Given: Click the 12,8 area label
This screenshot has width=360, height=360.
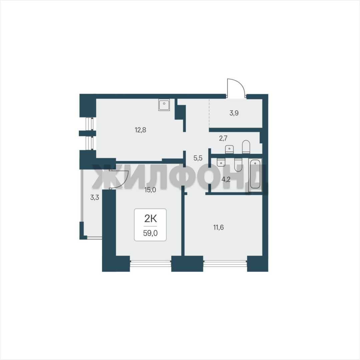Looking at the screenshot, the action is [140, 130].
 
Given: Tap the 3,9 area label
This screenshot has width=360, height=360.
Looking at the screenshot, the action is [234, 113].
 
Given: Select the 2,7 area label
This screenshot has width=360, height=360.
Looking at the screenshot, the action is [223, 138].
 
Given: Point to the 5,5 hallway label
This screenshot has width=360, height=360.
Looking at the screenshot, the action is [198, 158].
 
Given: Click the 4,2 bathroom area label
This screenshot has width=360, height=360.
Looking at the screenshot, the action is [226, 179].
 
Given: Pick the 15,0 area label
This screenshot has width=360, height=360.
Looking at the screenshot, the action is [150, 190].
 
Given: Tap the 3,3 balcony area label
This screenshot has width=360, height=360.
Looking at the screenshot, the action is [94, 197].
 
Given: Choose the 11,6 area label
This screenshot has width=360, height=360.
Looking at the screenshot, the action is [219, 227].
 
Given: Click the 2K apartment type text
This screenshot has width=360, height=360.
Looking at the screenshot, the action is [150, 219].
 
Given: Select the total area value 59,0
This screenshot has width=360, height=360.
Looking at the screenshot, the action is [150, 233].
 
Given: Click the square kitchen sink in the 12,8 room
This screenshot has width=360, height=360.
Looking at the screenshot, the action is [164, 105].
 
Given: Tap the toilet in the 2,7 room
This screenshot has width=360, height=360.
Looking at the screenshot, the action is [246, 147].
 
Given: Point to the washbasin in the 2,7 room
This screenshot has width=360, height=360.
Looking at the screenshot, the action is [229, 149].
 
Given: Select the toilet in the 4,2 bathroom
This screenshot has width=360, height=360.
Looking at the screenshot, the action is [238, 165].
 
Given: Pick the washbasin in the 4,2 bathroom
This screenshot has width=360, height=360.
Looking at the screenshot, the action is [221, 162].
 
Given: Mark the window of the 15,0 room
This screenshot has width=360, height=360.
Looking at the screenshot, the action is [150, 263].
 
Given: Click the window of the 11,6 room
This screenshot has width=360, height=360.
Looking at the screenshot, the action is [225, 263].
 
